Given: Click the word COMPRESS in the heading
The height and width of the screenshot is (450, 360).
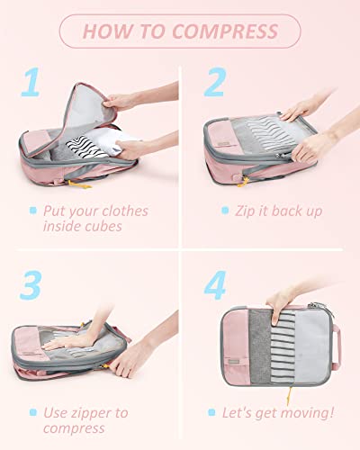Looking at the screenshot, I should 227,32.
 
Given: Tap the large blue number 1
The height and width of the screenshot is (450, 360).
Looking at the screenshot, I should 32,83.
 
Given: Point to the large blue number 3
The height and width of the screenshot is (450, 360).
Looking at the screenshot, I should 32,287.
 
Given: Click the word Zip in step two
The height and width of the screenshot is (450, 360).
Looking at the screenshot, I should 247,211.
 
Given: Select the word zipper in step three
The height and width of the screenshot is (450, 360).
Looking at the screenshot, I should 91,413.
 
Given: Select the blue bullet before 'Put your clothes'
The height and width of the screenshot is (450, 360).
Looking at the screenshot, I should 32,211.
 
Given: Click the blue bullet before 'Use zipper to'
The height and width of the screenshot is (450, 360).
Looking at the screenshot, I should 32,413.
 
